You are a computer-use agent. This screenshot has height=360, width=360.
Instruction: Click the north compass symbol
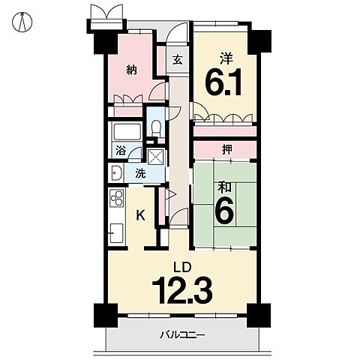click(22, 22)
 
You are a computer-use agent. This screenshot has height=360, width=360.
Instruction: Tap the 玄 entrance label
click(178, 60)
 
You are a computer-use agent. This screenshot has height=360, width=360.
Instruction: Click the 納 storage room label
click(131, 70)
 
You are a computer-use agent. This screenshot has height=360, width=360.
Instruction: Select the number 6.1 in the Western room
click(223, 82)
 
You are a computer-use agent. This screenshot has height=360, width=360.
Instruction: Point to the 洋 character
click(226, 58)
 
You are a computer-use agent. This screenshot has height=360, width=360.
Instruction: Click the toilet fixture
click(157, 127)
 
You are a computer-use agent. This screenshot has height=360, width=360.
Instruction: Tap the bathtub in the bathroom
click(127, 132)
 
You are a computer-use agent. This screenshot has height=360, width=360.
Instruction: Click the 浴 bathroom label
click(121, 151)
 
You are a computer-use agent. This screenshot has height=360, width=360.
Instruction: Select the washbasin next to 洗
click(117, 172)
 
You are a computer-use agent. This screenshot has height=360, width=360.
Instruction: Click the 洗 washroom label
click(140, 173)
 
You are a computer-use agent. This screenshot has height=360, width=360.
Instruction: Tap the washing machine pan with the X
click(155, 157)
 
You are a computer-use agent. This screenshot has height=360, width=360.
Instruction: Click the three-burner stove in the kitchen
click(116, 198)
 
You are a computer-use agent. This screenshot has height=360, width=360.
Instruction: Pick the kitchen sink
click(116, 233)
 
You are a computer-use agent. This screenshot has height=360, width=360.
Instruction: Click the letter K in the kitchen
click(140, 215)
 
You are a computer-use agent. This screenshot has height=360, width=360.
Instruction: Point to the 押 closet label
click(226, 149)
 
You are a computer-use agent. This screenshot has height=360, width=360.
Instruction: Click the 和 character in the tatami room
click(224, 187)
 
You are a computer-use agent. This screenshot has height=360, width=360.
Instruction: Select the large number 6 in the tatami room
click(224, 212)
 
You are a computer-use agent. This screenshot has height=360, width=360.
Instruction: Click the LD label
click(183, 267)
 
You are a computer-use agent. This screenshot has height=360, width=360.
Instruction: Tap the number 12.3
click(182, 290)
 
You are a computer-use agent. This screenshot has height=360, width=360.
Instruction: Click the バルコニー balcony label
click(182, 334)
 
